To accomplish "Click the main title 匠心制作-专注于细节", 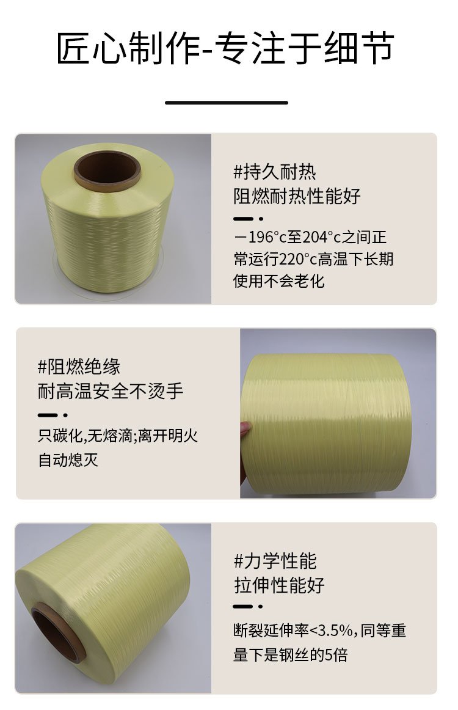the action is (x=225, y=48).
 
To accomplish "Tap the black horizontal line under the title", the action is (x=227, y=103).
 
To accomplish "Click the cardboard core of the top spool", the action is (x=107, y=170).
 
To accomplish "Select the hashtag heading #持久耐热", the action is (x=274, y=172).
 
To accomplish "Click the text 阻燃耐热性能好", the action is (x=297, y=196).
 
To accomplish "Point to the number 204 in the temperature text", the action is (x=313, y=237).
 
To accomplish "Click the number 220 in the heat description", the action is (x=291, y=260).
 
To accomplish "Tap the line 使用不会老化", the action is (x=279, y=281).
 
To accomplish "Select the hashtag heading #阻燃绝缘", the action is (x=79, y=367).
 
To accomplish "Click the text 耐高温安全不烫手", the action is (x=111, y=391).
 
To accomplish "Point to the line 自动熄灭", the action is (x=68, y=459).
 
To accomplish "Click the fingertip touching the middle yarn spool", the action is (x=245, y=428).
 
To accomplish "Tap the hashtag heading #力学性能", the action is (x=275, y=561).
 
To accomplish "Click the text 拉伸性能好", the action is (x=279, y=585).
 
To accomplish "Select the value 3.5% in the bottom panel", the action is (x=335, y=631).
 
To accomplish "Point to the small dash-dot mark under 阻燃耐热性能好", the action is (x=248, y=219).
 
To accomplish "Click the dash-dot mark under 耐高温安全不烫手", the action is (x=53, y=415).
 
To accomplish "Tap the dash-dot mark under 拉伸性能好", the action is (x=248, y=606).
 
